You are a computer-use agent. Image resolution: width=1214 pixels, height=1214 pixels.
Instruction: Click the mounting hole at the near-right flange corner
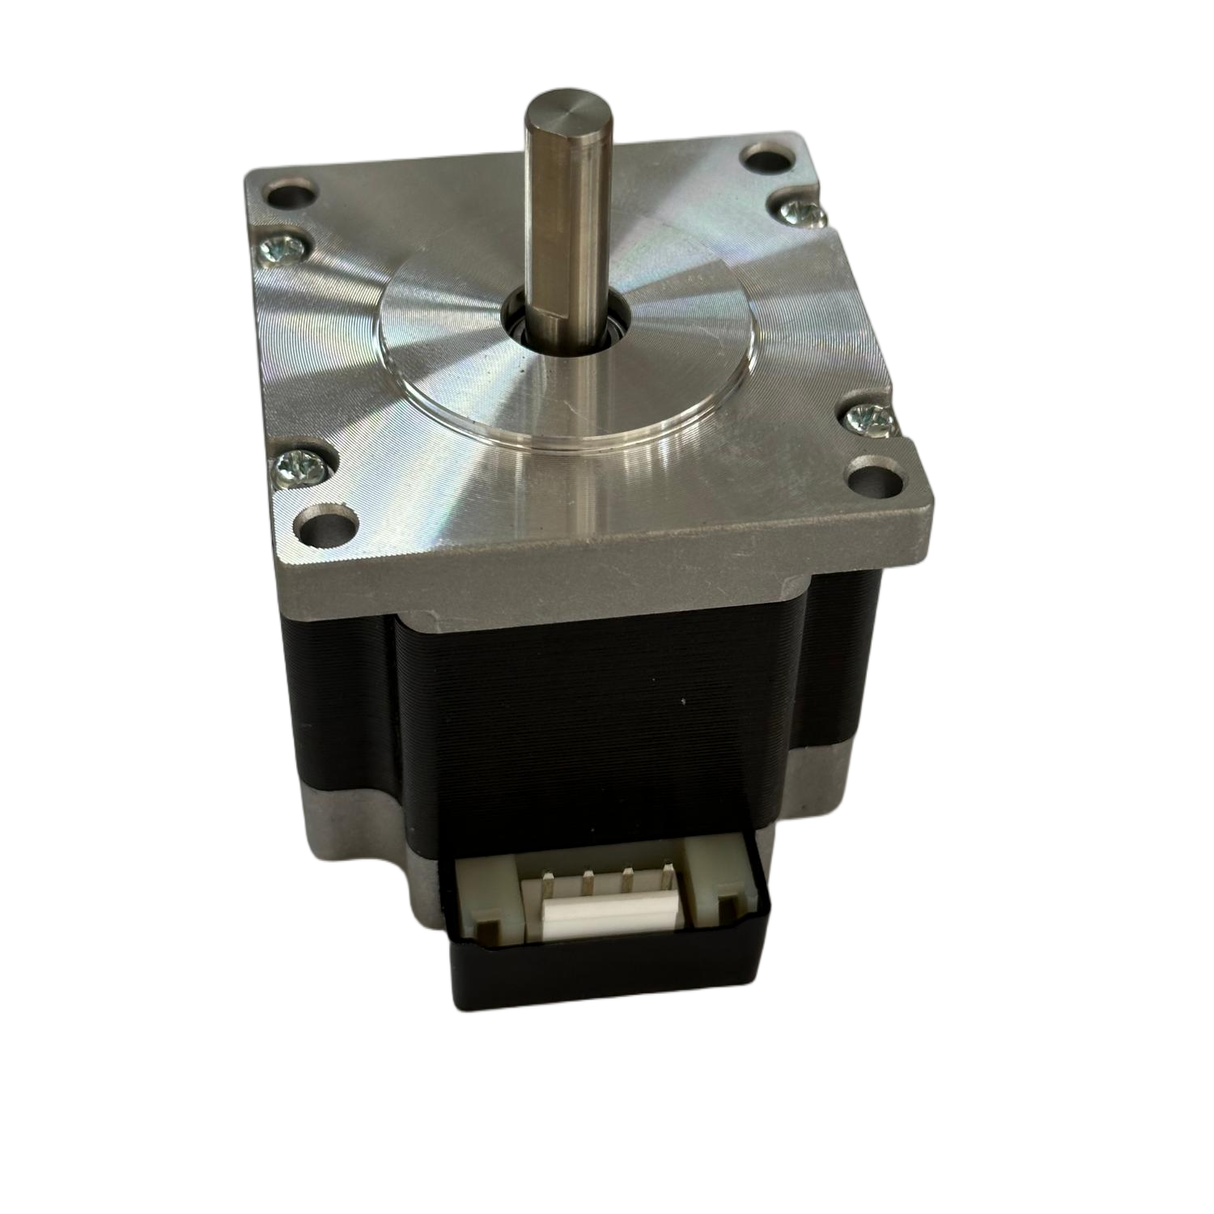877,479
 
